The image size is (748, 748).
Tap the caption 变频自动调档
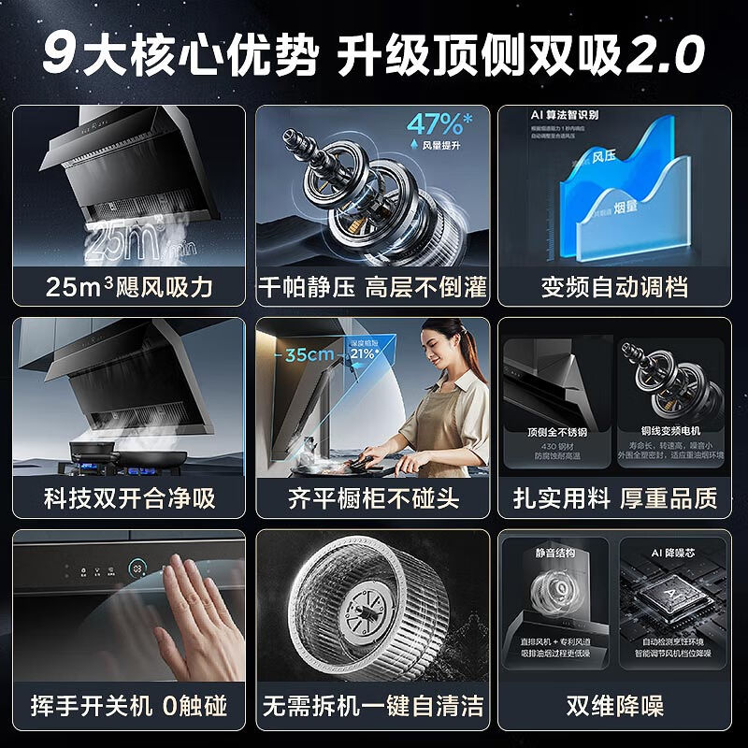pos(613,286)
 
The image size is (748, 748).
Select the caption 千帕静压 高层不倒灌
pos(372,286)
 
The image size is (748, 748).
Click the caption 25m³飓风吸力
pos(129,286)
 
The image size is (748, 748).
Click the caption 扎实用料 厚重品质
pos(613,496)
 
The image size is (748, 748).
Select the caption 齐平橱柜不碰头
pos(372,496)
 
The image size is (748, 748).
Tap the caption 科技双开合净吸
pos(129,496)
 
